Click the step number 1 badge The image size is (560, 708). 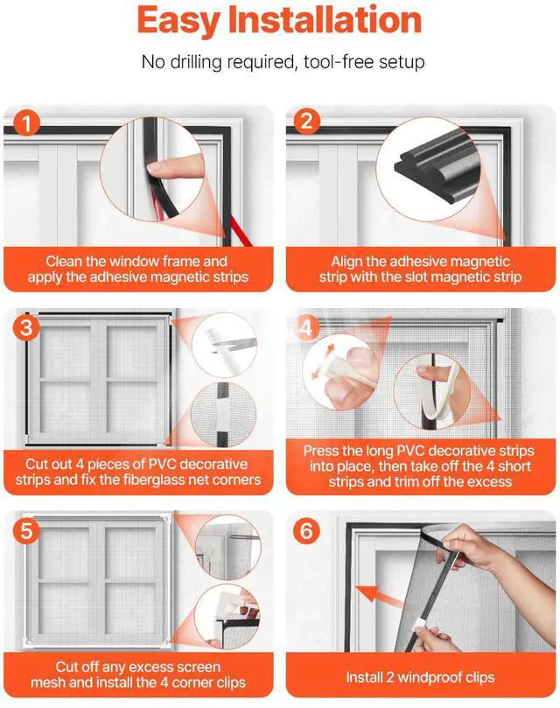click(x=26, y=123)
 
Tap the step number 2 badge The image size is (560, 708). click(x=306, y=121)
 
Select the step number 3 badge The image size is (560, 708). click(x=26, y=327)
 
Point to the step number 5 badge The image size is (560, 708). click(x=26, y=530)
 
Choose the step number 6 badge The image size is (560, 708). click(x=306, y=530)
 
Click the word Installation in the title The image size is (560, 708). click(x=325, y=19)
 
